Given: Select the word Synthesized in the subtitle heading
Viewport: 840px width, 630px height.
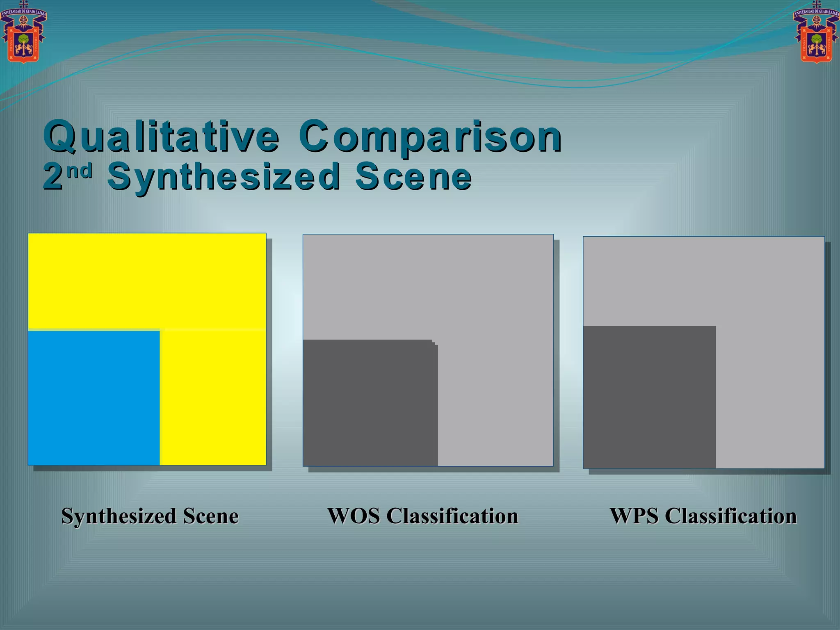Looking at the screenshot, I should pyautogui.click(x=224, y=177).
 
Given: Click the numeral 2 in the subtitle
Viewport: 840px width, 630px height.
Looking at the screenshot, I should pyautogui.click(x=53, y=177).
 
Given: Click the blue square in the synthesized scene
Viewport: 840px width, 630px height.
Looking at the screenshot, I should pyautogui.click(x=94, y=397).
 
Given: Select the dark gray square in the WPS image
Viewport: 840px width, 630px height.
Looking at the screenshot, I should pyautogui.click(x=649, y=397).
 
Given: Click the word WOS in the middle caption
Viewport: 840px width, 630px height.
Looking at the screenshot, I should pyautogui.click(x=354, y=516).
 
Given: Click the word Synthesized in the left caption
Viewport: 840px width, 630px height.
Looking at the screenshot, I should pyautogui.click(x=119, y=516).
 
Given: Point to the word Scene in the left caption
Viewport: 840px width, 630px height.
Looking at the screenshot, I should pyautogui.click(x=211, y=516).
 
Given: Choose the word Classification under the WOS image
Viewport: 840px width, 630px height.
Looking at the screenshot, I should pyautogui.click(x=452, y=516).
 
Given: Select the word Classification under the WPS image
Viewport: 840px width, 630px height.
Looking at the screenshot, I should pyautogui.click(x=731, y=516).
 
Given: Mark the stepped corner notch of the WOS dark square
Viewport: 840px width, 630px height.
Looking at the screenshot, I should pyautogui.click(x=435, y=343).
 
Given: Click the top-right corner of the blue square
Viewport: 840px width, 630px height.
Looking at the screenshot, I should pyautogui.click(x=159, y=331).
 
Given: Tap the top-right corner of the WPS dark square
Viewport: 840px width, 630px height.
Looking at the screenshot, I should pyautogui.click(x=715, y=326).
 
